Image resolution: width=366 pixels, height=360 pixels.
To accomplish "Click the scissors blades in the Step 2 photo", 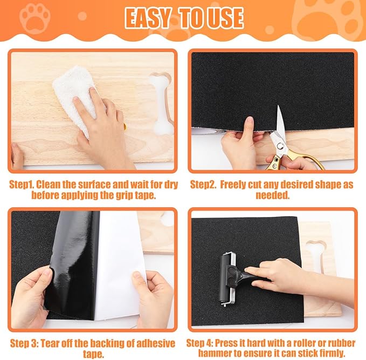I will coord(280,127).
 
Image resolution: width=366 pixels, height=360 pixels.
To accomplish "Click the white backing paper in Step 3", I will coord(121,259).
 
